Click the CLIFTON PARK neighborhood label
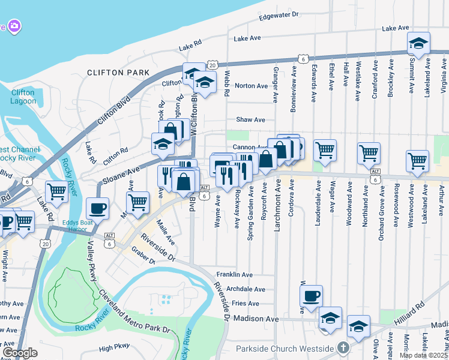tap(118, 73)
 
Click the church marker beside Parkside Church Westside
tap(342, 348)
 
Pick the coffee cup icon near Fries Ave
tap(311, 296)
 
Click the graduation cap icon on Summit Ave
tap(418, 43)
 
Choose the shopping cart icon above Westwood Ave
tap(417, 160)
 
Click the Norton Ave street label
tap(251, 86)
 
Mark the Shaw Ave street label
tap(250, 120)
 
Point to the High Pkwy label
tap(114, 347)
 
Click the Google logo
tap(20, 353)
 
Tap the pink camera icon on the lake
tap(14, 26)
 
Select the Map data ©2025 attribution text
tap(423, 355)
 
